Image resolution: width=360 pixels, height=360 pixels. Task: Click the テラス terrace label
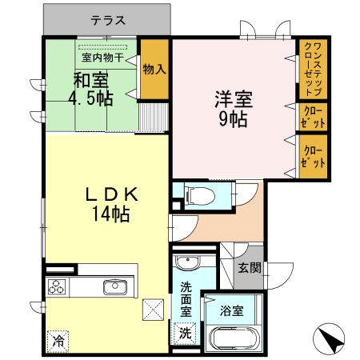click(x=106, y=18)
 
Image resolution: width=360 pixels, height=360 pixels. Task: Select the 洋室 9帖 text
click(x=233, y=110)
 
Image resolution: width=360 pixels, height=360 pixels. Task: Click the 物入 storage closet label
click(x=154, y=70)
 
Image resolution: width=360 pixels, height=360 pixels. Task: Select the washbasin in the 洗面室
click(x=186, y=263)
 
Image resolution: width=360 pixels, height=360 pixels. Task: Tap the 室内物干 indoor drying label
click(x=101, y=57)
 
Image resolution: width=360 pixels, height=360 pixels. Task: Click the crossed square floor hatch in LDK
click(x=152, y=310)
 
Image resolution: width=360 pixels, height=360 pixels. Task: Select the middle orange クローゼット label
click(x=313, y=115)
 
